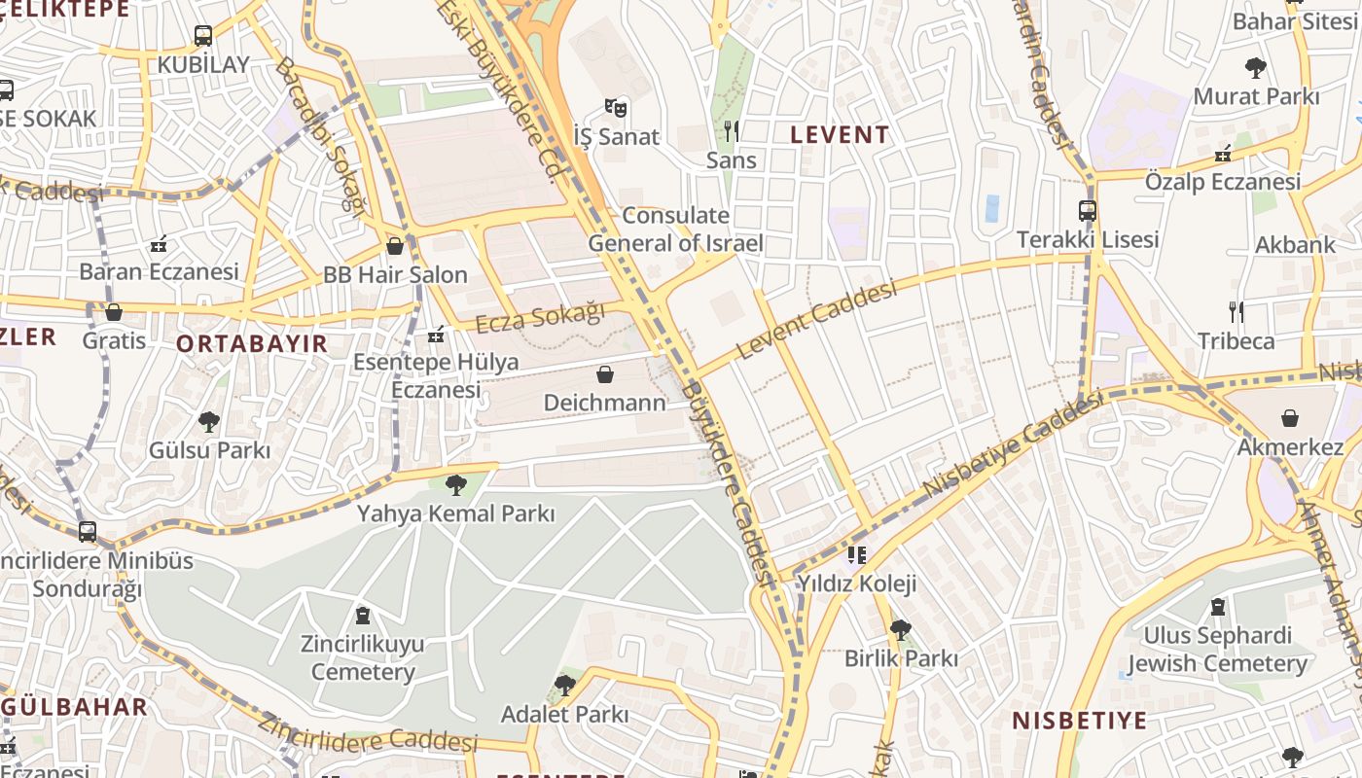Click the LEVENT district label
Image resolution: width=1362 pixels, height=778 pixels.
point(840,135)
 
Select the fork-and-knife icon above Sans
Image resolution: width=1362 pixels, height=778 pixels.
point(732,130)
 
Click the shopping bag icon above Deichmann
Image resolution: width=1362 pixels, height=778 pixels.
point(605,374)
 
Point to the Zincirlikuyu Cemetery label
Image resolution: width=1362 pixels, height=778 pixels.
point(363,658)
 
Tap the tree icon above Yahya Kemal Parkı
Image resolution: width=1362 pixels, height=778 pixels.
point(455,484)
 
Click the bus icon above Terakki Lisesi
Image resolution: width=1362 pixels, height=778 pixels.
point(1088,210)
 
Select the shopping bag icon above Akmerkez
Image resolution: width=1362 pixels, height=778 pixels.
point(1290,418)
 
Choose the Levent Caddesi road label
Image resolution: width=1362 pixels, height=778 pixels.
point(816,320)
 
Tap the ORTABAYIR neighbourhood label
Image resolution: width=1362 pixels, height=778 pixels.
point(252,343)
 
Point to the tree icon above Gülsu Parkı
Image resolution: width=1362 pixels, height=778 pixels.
point(208,422)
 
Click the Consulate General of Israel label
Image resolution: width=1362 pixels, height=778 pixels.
point(675,230)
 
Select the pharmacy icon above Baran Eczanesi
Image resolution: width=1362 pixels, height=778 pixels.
point(159,243)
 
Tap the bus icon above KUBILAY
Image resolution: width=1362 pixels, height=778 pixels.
point(203,36)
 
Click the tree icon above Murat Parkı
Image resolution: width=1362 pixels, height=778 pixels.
point(1256,68)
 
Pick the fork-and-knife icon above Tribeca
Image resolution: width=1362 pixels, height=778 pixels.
point(1237,312)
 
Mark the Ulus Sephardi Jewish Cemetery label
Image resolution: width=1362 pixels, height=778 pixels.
point(1217,650)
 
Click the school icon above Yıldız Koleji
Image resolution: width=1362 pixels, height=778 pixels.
point(856,555)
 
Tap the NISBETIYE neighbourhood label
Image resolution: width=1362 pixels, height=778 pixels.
point(1080,721)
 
